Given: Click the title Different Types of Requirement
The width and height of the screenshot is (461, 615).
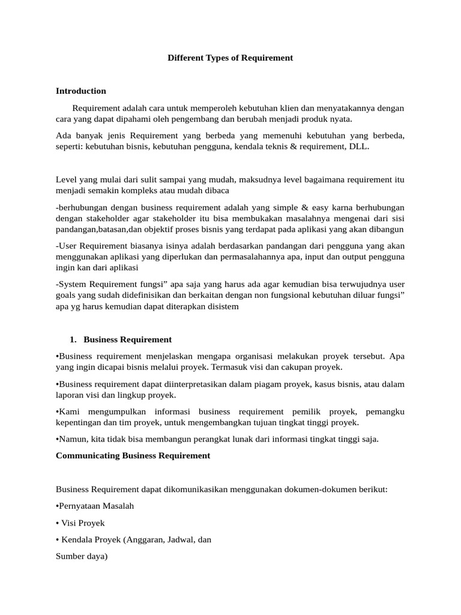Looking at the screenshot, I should [x=230, y=58].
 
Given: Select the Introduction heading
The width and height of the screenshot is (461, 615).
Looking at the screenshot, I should [x=80, y=91].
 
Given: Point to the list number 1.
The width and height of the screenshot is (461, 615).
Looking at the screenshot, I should [x=73, y=339].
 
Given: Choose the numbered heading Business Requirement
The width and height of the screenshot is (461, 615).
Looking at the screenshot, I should [x=128, y=339].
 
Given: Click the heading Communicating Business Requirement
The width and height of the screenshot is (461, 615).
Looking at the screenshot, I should [x=133, y=455].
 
